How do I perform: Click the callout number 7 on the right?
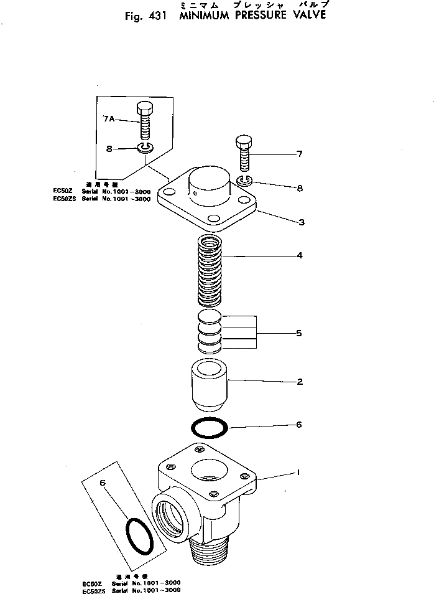click(299, 154)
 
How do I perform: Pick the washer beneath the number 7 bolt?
click(244, 181)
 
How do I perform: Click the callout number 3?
click(300, 222)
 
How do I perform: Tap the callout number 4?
click(299, 255)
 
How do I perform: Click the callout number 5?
click(299, 334)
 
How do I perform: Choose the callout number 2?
click(299, 382)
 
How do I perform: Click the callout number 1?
click(298, 473)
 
